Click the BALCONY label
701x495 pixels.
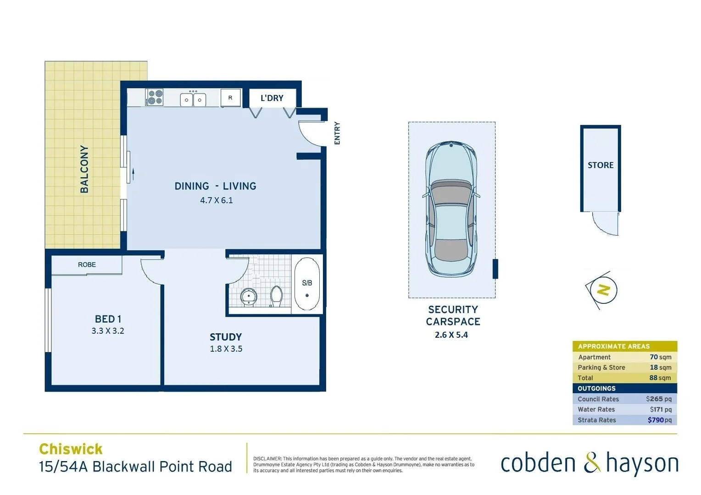tap(84, 169)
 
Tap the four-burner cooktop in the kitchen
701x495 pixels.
tap(155, 98)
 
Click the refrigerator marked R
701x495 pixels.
tap(230, 98)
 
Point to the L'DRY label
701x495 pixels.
tap(272, 98)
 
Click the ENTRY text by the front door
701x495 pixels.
tap(337, 133)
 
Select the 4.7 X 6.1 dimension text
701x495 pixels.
tap(217, 200)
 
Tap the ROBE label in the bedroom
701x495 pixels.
tap(87, 264)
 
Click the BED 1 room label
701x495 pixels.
tap(108, 319)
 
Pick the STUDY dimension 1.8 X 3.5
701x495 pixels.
tap(226, 349)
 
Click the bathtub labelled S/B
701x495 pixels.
tap(307, 284)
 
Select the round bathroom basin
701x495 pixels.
tap(249, 296)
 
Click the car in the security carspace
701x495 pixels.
tap(451, 209)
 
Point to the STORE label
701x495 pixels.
tap(601, 165)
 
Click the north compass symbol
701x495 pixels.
tap(603, 290)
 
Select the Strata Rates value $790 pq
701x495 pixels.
tap(659, 420)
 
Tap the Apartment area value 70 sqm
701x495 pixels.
tap(660, 357)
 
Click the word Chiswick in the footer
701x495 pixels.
tap(71, 449)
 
